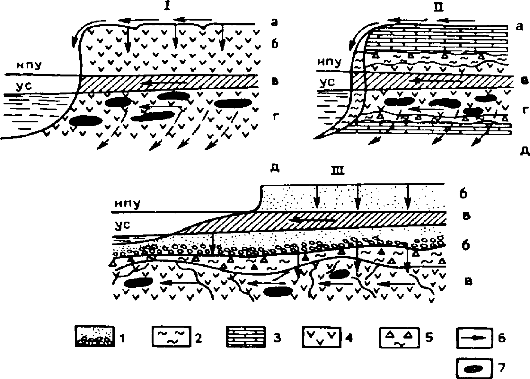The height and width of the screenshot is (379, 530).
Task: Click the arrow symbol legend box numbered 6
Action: (474, 338)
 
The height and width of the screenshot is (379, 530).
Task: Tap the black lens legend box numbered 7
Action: (474, 369)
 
